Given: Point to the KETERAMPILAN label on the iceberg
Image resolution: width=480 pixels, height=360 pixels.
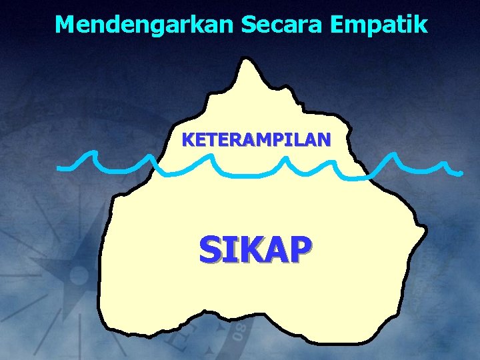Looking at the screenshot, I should tap(256, 140).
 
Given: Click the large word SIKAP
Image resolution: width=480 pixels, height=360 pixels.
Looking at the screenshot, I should tap(254, 250).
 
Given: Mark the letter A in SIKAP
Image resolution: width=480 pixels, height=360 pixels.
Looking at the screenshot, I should tap(275, 250).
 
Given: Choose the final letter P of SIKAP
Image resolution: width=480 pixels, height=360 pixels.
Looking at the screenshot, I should tap(297, 250).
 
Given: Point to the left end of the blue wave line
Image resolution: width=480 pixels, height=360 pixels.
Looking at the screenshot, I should tap(59, 167).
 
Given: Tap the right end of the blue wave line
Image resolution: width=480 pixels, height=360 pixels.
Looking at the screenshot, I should tap(460, 173).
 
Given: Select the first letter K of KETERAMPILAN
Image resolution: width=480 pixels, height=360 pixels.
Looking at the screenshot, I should tap(188, 140).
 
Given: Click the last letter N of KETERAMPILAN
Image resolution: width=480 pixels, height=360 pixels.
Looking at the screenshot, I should tap(323, 140).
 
